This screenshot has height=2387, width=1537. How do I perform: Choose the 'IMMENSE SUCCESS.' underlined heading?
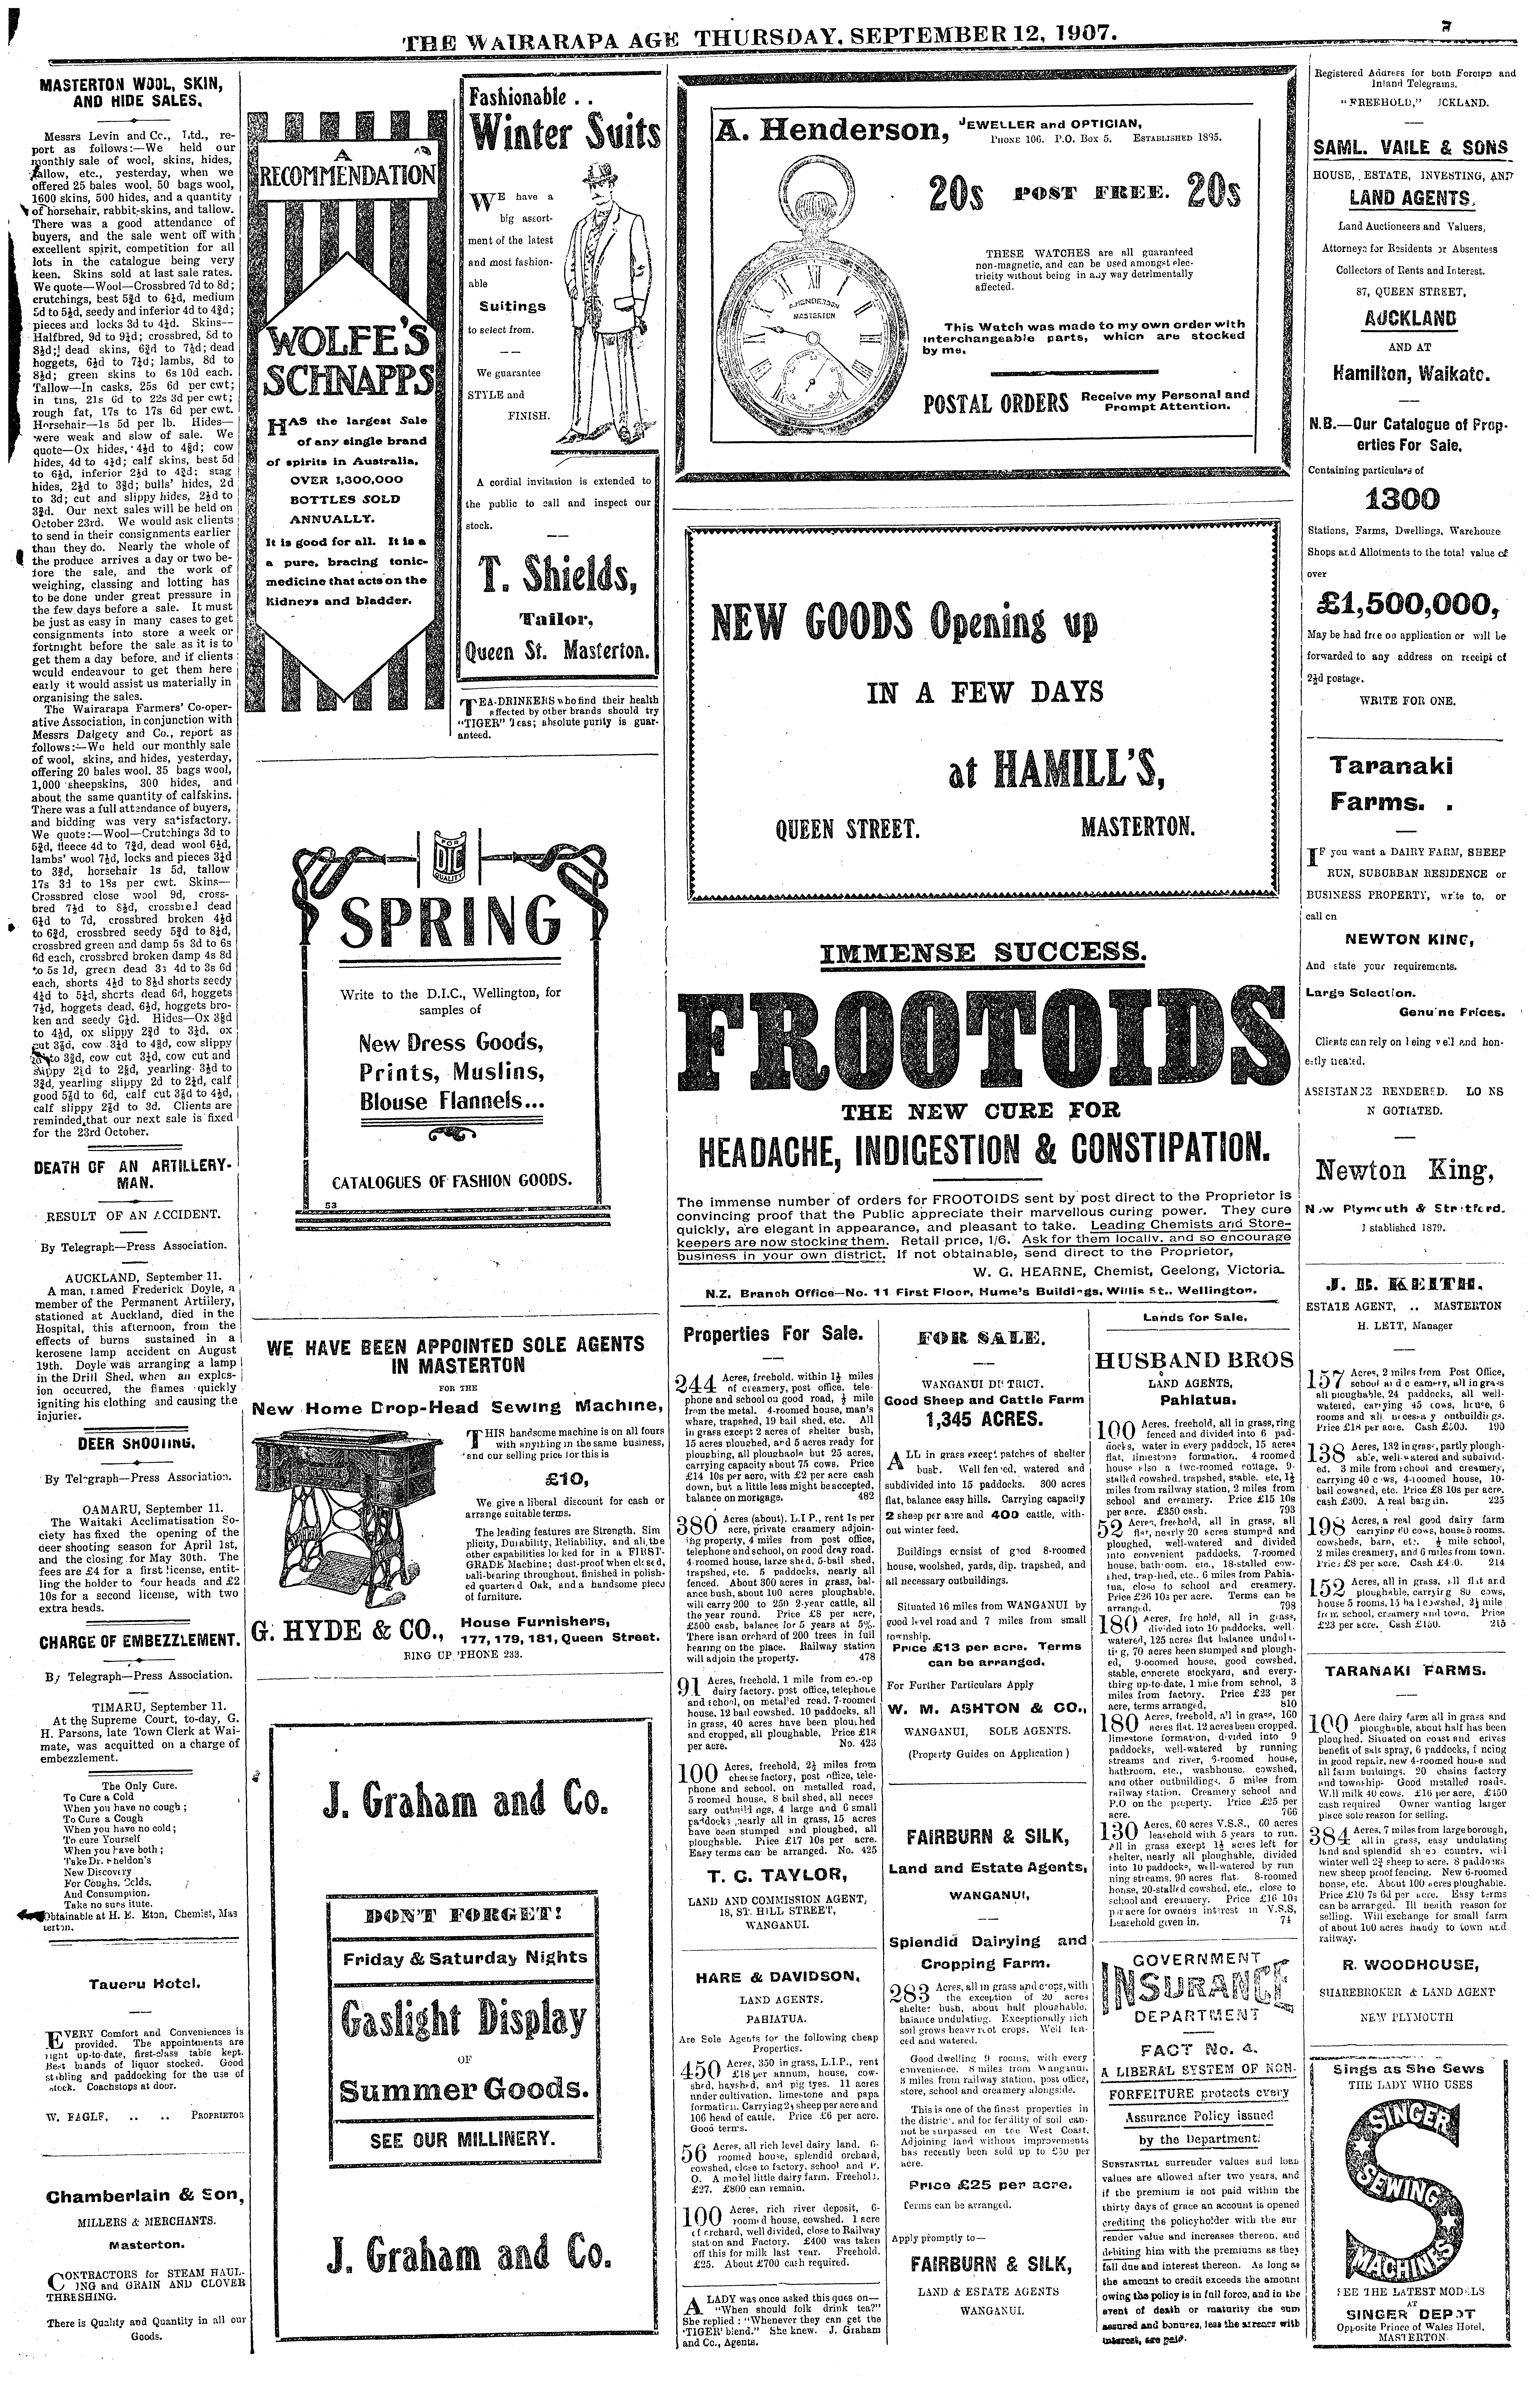pyautogui.click(x=983, y=951)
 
